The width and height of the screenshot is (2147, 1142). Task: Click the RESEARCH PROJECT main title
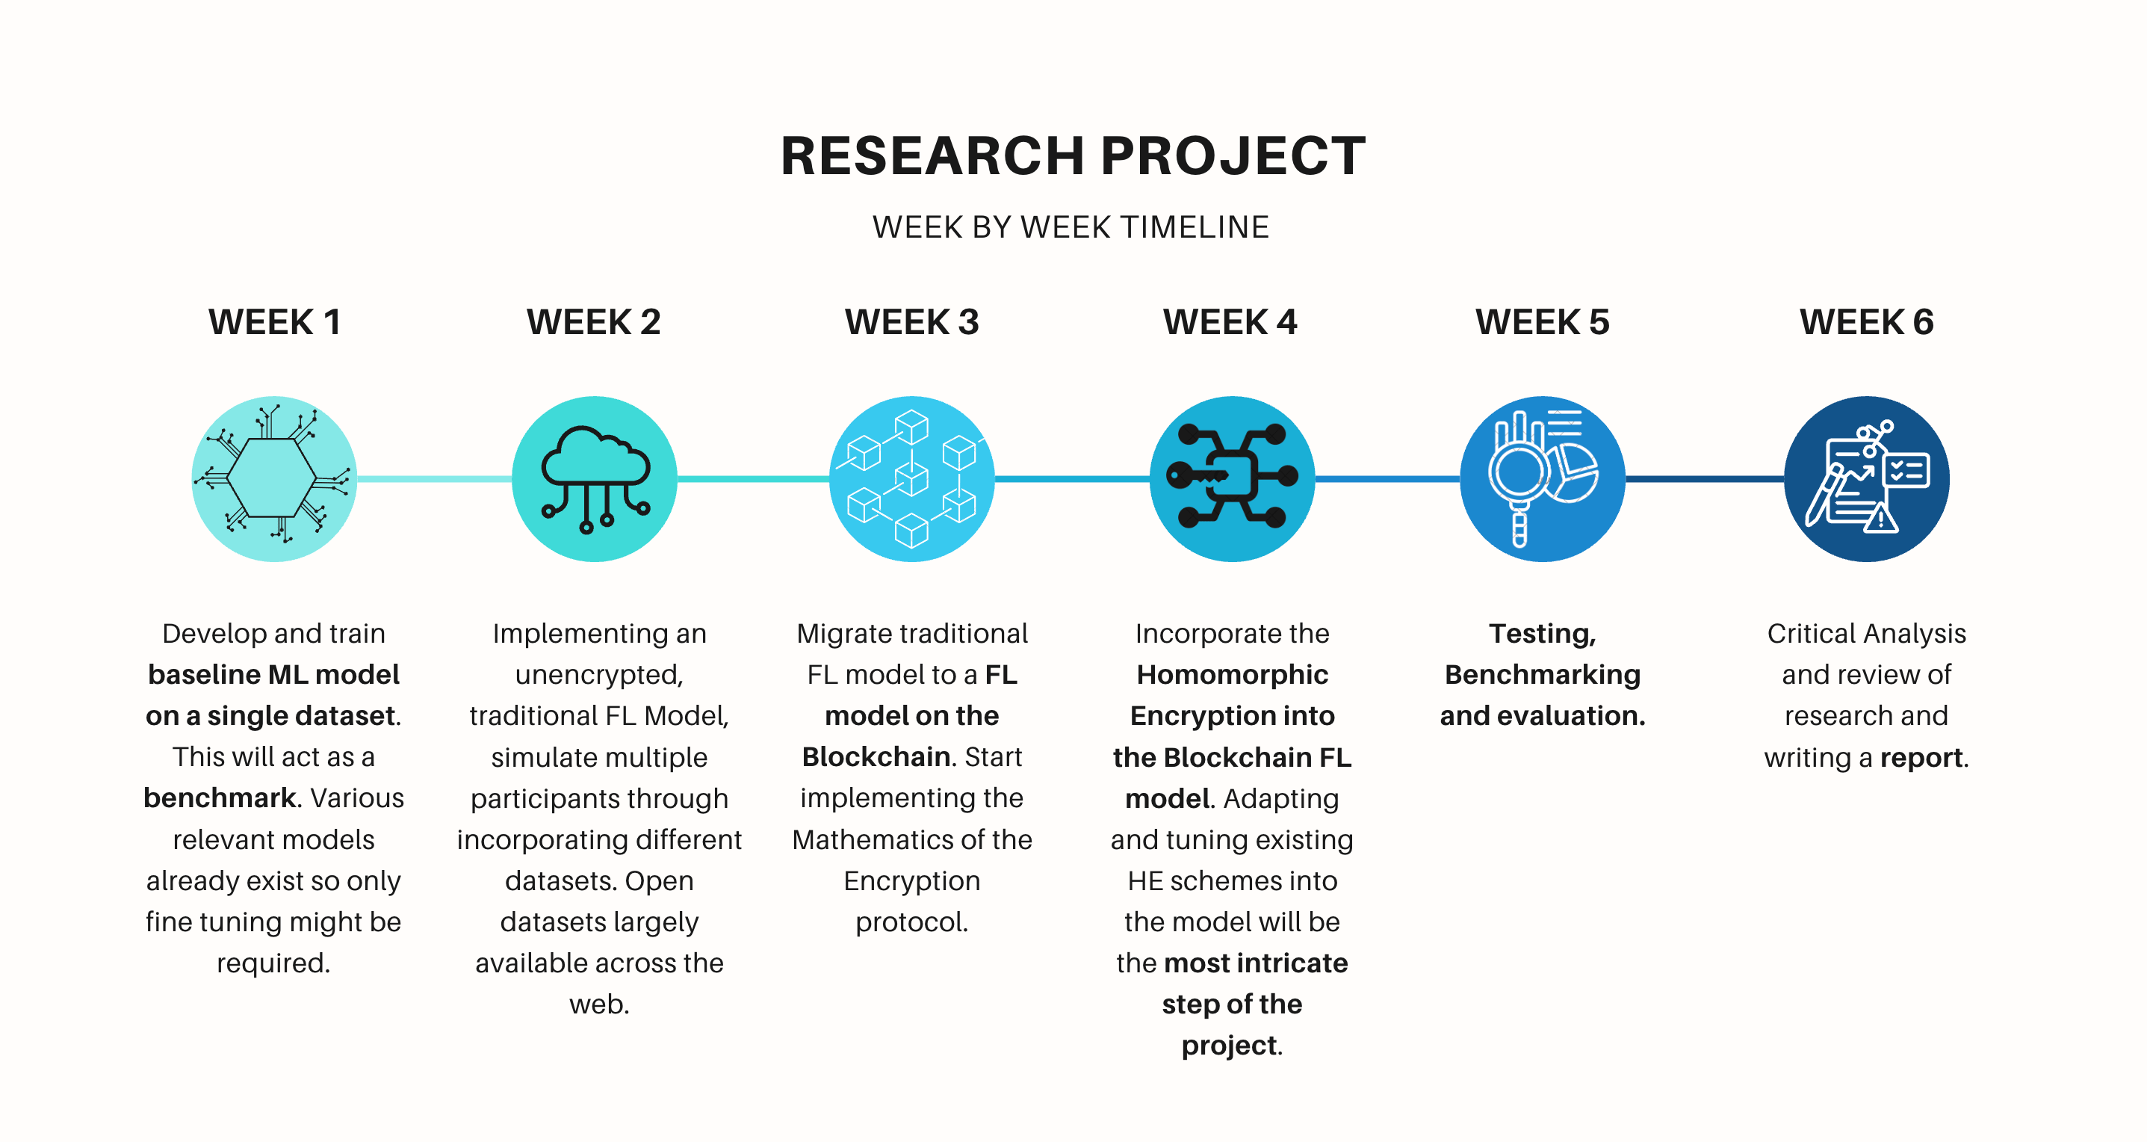[1073, 156]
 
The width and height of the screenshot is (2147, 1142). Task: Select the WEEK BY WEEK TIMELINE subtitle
[1071, 226]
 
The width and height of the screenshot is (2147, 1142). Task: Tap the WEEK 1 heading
[274, 322]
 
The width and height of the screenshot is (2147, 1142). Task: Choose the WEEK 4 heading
[1230, 322]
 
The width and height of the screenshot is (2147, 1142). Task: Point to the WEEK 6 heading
[1866, 322]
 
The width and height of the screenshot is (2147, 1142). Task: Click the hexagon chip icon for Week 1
[274, 478]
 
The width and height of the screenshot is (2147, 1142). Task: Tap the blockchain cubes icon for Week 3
[912, 478]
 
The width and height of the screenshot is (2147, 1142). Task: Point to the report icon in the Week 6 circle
[1866, 477]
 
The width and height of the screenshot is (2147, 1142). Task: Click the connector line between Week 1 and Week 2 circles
[434, 478]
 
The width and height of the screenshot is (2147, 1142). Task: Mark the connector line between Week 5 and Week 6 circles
[1705, 478]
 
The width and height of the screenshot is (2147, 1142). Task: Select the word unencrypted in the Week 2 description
[598, 674]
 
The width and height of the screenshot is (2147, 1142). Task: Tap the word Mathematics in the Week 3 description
[869, 839]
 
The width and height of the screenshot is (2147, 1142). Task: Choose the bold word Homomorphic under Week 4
[1232, 674]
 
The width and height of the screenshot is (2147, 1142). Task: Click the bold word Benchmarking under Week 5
[1542, 674]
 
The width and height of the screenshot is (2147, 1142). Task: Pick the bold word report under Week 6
[1921, 758]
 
